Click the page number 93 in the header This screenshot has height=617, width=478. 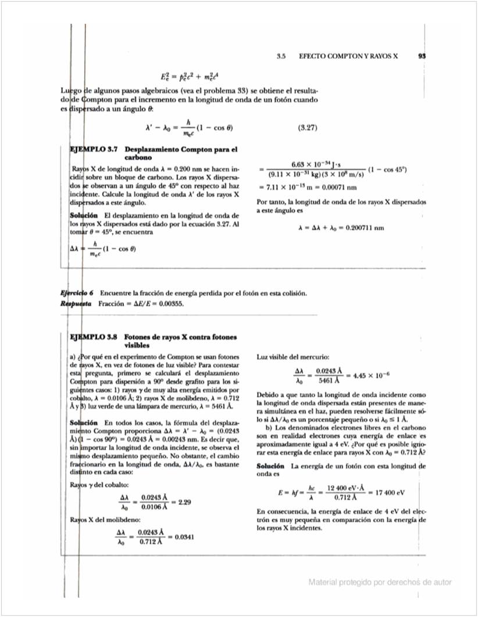(423, 56)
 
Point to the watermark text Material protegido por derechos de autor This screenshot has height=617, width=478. (380, 582)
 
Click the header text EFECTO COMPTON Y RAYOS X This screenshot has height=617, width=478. (348, 56)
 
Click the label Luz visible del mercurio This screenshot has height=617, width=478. (293, 356)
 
